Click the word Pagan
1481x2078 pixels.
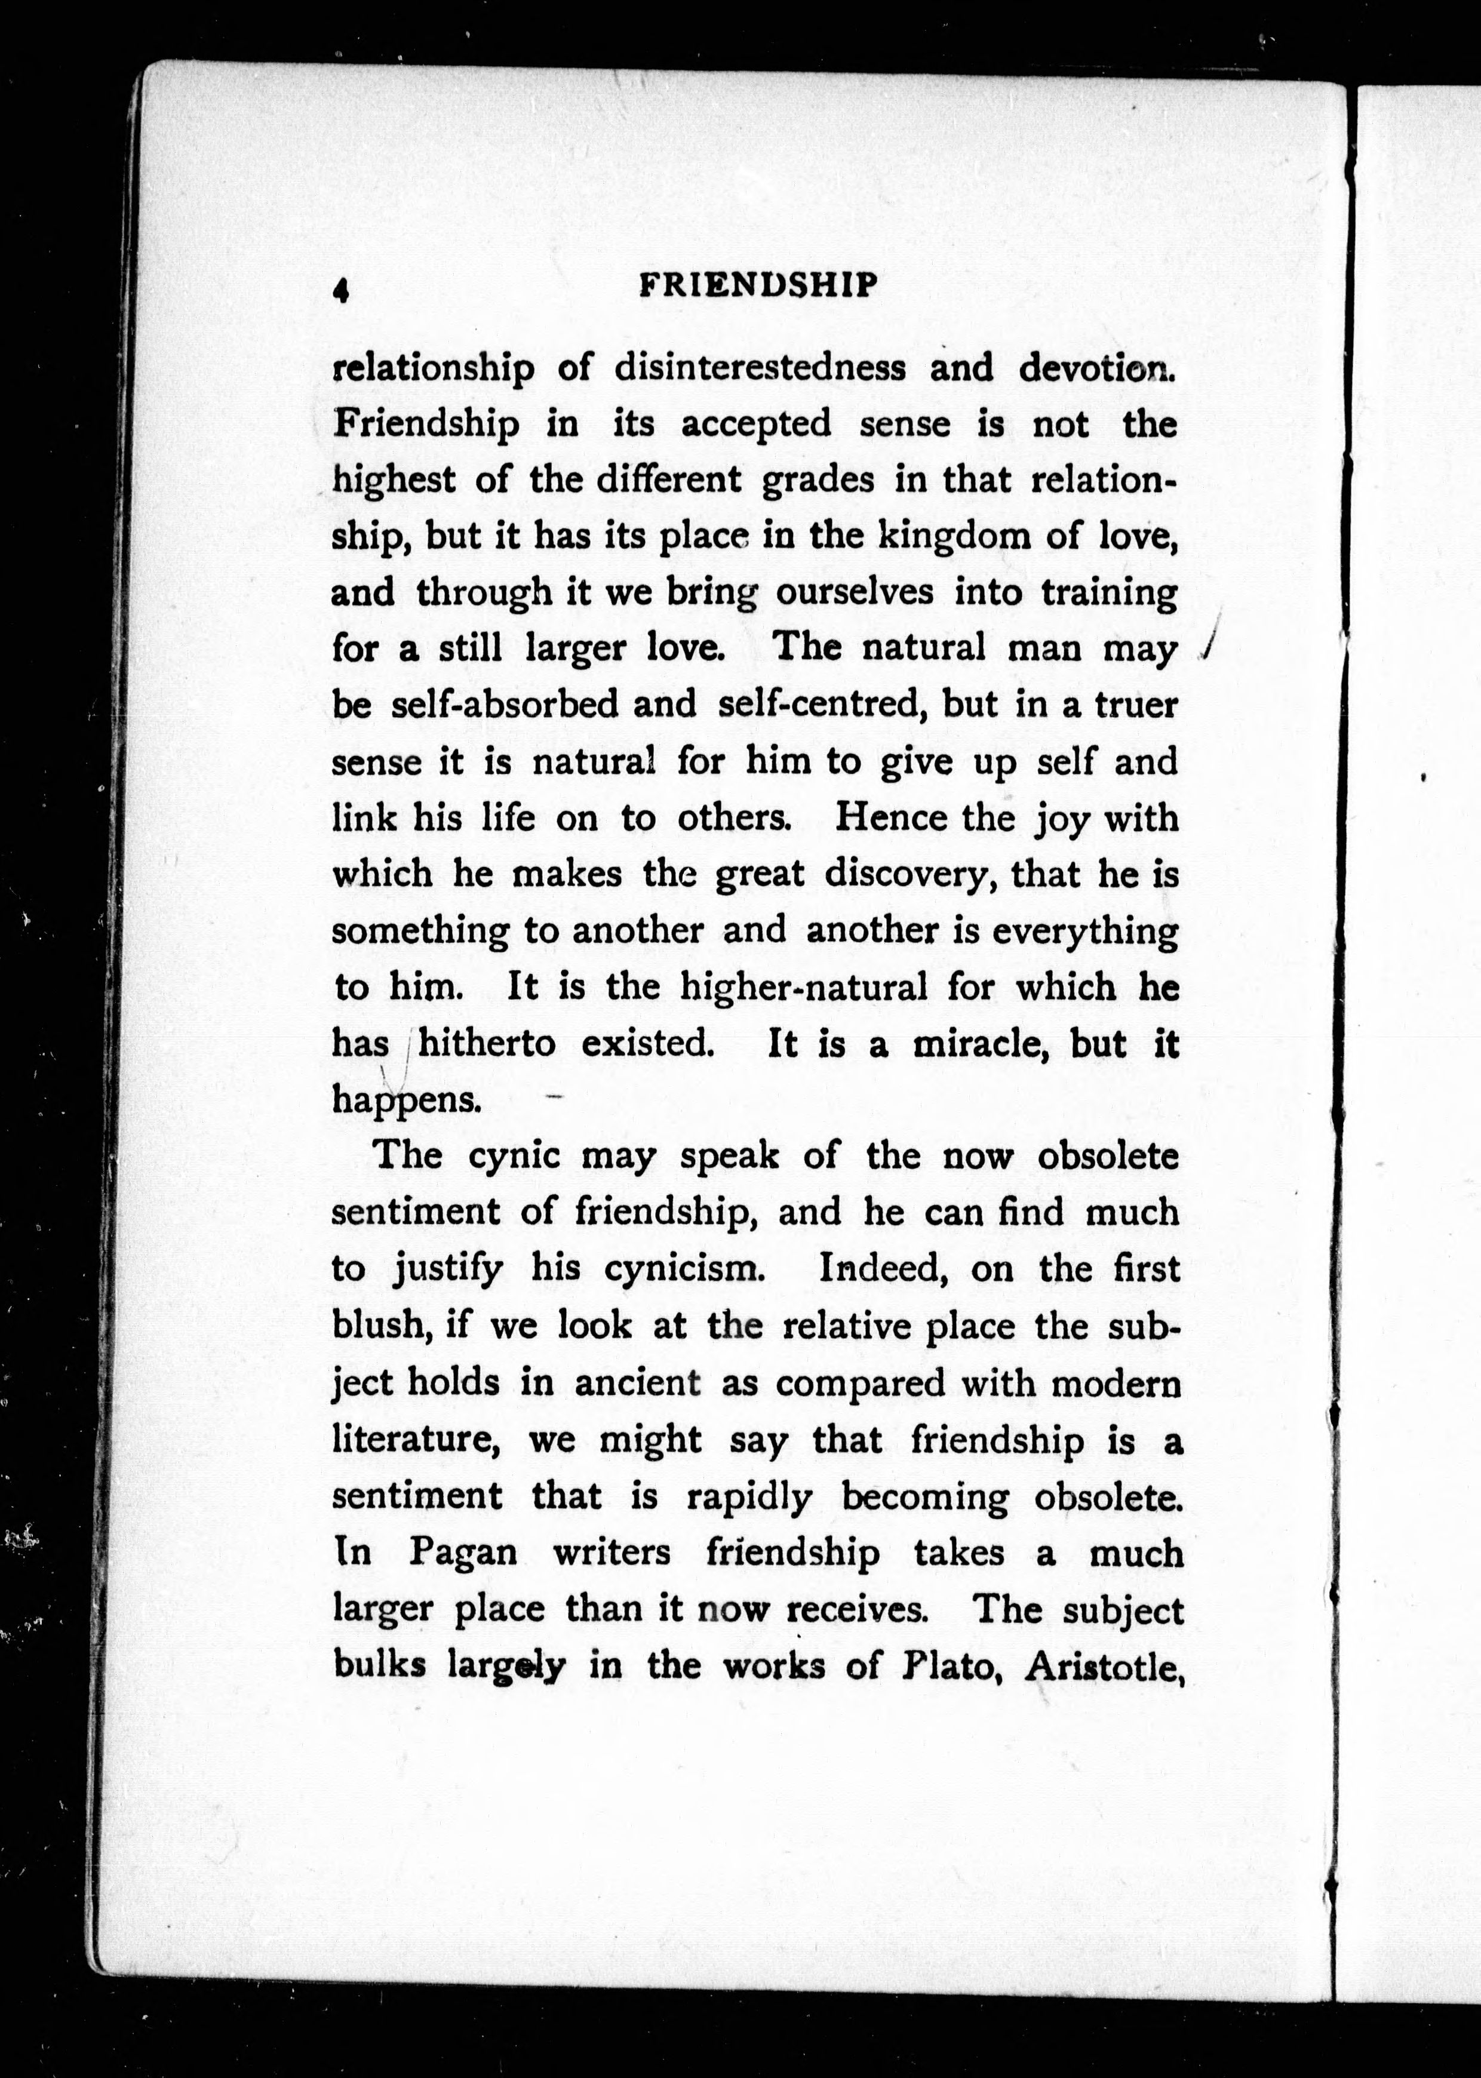coord(462,1553)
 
